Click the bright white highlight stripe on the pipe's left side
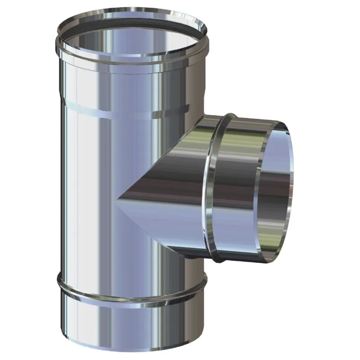coord(72,180)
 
